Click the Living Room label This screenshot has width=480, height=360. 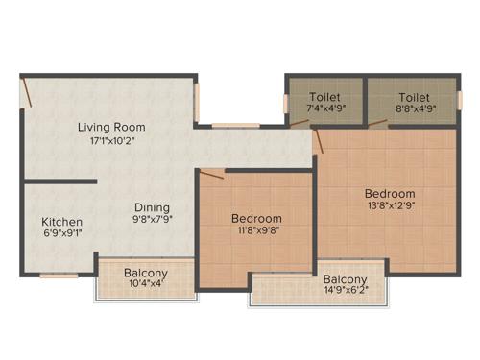click(x=112, y=127)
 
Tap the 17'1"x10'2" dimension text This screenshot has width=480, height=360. click(x=112, y=141)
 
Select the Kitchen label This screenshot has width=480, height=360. click(x=61, y=222)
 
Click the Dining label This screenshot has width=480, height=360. click(x=152, y=206)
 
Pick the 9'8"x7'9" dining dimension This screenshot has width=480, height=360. click(x=152, y=220)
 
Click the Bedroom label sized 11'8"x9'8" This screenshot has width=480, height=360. click(x=256, y=218)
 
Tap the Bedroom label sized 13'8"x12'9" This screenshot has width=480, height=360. click(x=389, y=193)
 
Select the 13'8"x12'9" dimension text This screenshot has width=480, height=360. click(x=389, y=204)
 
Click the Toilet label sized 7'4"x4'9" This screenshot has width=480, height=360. click(x=325, y=97)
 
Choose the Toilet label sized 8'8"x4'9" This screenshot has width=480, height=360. click(x=414, y=97)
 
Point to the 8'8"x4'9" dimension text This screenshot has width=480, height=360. click(x=414, y=108)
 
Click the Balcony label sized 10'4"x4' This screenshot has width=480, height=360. click(x=146, y=274)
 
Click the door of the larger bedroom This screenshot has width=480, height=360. click(x=318, y=142)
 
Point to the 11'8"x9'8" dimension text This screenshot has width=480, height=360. click(x=256, y=230)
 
